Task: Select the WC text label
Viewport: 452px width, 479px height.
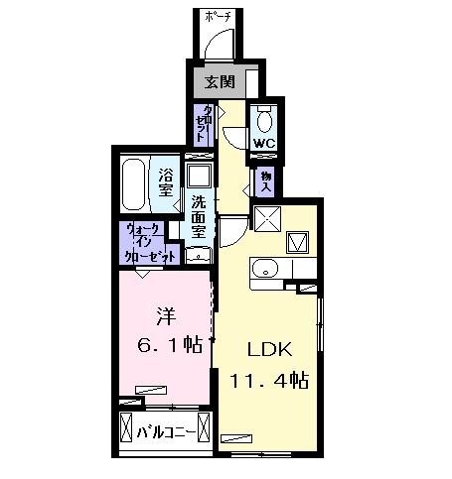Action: tap(263, 143)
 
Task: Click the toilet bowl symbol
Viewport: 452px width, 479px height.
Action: tap(263, 121)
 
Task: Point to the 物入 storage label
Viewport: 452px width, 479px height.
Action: tap(264, 180)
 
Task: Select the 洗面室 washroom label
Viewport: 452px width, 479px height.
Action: tap(199, 215)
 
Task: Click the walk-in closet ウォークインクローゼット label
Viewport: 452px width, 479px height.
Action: tap(148, 242)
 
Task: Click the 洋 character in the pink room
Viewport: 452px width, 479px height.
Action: tap(163, 317)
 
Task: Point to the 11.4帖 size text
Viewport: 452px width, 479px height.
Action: tap(268, 380)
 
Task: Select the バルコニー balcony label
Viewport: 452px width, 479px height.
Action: tap(164, 432)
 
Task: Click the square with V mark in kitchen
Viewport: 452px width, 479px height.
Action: tap(299, 241)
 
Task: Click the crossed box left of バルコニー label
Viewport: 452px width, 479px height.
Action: tap(125, 429)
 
